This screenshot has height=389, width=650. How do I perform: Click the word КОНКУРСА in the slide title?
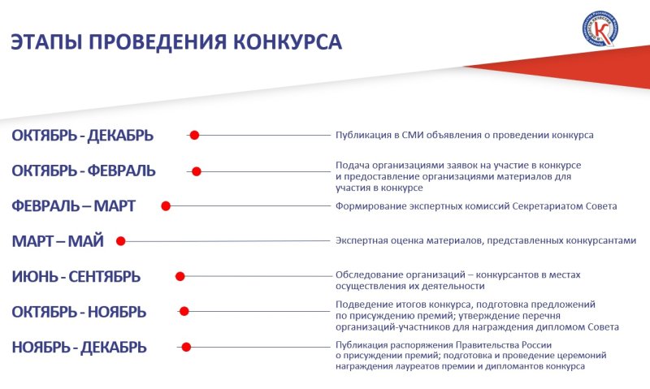click(288, 42)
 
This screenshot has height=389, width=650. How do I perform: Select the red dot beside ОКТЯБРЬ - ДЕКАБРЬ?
click(194, 135)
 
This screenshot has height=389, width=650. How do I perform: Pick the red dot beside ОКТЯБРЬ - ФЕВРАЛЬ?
click(197, 171)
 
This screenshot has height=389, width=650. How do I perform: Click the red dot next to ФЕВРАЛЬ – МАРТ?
click(166, 206)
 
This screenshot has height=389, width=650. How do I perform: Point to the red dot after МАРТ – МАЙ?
click(120, 241)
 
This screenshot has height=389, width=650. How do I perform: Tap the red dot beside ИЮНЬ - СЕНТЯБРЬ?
click(180, 276)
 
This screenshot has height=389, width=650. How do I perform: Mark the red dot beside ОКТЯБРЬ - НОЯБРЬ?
click(184, 311)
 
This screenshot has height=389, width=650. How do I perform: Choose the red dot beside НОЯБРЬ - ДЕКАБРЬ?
click(186, 347)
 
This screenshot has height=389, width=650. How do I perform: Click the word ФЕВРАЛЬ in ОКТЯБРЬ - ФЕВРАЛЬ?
click(121, 171)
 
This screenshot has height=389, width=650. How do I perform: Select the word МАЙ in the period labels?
click(85, 241)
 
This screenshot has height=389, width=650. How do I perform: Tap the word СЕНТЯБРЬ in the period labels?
click(105, 276)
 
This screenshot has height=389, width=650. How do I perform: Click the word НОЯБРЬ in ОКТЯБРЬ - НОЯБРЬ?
click(117, 312)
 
